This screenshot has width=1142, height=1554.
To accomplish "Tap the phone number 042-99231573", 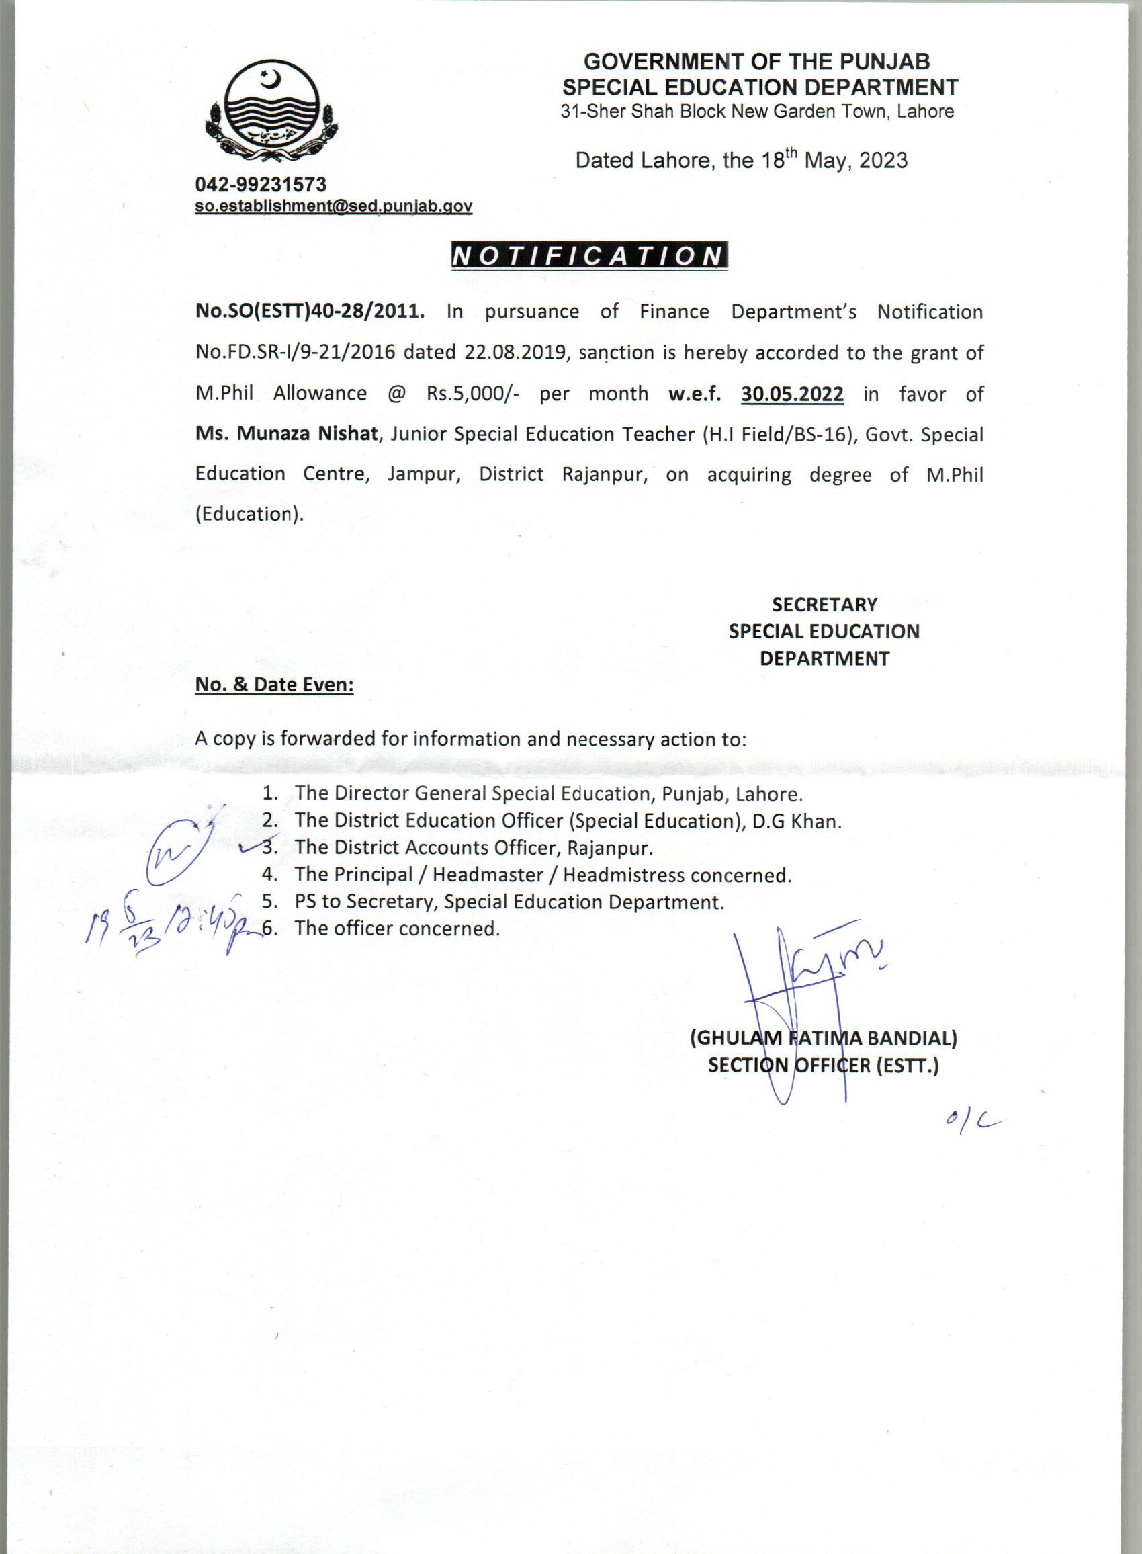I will [261, 185].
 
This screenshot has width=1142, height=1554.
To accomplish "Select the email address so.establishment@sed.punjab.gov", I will [333, 206].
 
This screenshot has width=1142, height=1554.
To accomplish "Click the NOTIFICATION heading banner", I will [588, 257].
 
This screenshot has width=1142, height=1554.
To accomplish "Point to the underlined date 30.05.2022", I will [792, 394].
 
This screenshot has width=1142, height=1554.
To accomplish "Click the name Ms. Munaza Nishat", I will [287, 434].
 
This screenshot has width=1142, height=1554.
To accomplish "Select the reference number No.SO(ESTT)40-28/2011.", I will [310, 312].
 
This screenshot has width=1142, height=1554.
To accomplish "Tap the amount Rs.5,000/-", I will [473, 394].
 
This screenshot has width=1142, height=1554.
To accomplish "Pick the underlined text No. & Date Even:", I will [275, 685].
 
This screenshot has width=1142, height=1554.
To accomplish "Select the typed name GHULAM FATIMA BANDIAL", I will [824, 1037].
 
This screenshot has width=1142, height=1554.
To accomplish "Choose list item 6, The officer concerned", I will [396, 929].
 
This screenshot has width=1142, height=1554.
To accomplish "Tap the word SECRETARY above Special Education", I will [824, 604].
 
